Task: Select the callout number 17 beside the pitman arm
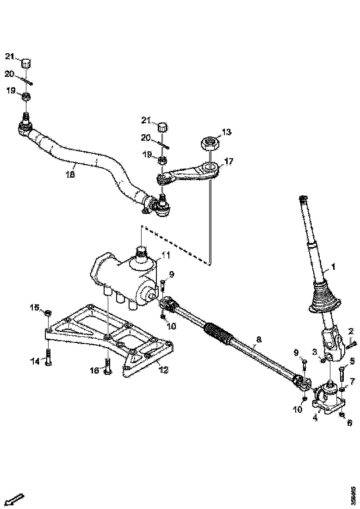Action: [229, 161]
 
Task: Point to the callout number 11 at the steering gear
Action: [166, 255]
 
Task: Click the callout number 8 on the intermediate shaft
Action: [258, 340]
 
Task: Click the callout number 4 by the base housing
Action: [315, 417]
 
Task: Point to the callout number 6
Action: [350, 422]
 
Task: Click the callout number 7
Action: [352, 381]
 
